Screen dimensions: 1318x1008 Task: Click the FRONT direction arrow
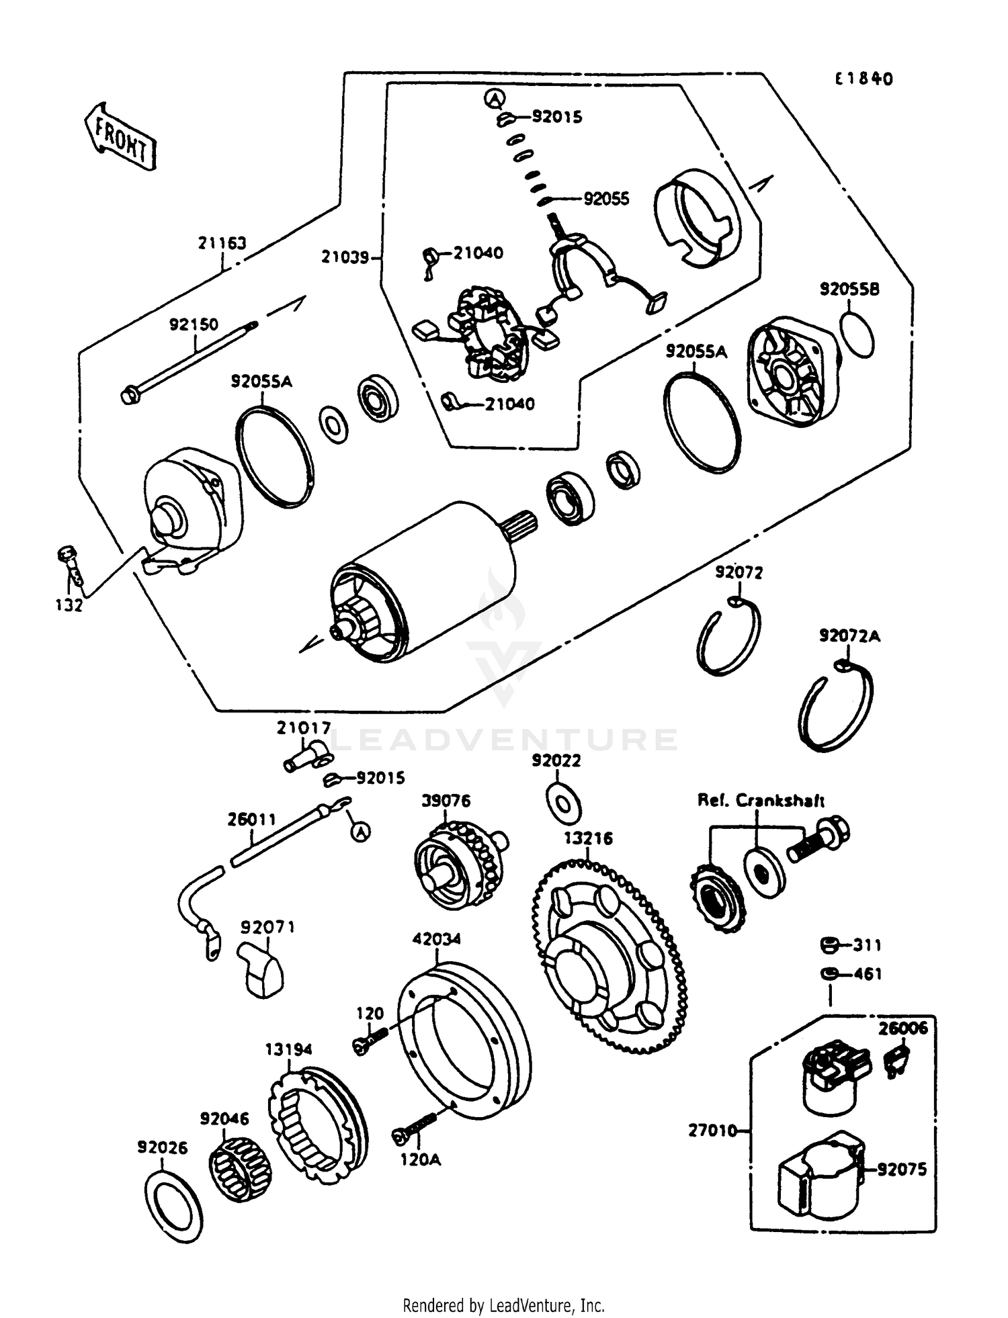pyautogui.click(x=120, y=136)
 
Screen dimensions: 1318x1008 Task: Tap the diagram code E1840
pyautogui.click(x=864, y=79)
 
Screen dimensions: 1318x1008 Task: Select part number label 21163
pyautogui.click(x=222, y=243)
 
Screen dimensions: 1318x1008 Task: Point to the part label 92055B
pyautogui.click(x=849, y=290)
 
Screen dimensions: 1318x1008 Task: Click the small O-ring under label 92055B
pyautogui.click(x=857, y=334)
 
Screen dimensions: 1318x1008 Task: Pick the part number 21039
pyautogui.click(x=345, y=257)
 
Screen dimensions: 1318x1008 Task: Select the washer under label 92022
pyautogui.click(x=562, y=801)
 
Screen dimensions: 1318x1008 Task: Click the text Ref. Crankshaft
pyautogui.click(x=761, y=800)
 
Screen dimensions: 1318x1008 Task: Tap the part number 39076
pyautogui.click(x=446, y=801)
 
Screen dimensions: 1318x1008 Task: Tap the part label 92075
pyautogui.click(x=902, y=1170)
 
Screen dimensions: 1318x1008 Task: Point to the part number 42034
pyautogui.click(x=437, y=938)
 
